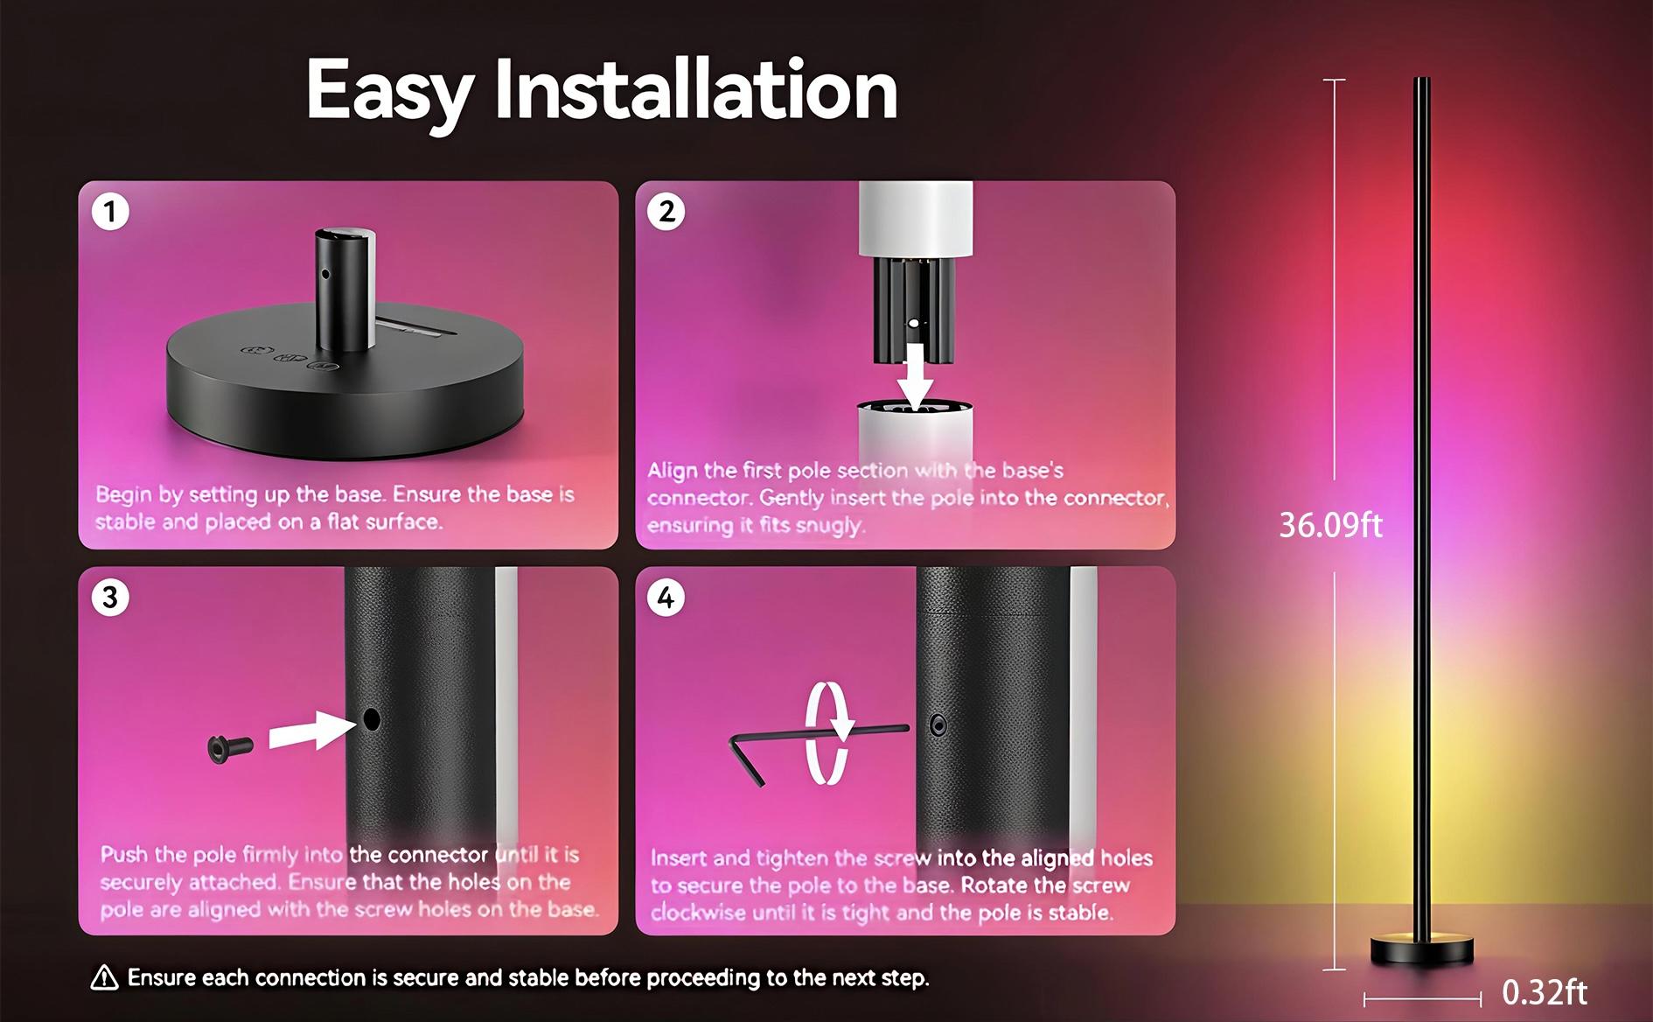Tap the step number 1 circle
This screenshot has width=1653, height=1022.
click(110, 212)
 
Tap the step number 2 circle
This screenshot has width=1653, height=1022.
click(666, 212)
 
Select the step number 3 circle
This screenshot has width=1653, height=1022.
click(110, 598)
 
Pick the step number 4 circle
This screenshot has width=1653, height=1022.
click(666, 598)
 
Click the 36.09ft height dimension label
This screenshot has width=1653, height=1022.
click(1330, 525)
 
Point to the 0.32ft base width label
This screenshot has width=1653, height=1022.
click(1544, 992)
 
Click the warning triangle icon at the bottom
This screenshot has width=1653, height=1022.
click(105, 978)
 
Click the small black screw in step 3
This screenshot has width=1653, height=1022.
click(230, 747)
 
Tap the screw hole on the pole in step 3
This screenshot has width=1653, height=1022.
click(372, 720)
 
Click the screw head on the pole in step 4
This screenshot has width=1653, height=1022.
click(938, 724)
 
